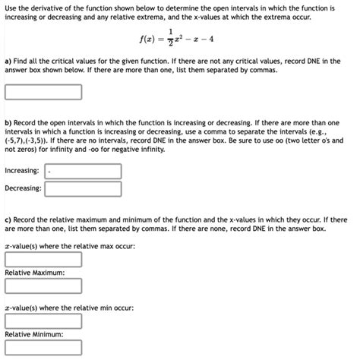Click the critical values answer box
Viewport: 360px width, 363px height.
(43, 93)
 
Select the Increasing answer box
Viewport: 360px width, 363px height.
(84, 171)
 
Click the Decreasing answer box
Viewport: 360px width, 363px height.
(84, 188)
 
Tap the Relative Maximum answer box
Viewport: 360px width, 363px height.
(43, 286)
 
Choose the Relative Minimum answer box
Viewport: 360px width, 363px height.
(43, 349)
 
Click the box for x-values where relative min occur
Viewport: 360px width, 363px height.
(43, 320)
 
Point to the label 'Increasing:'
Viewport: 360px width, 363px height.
(23, 171)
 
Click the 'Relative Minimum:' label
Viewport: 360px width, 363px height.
(34, 334)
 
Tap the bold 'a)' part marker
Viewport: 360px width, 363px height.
(8, 60)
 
